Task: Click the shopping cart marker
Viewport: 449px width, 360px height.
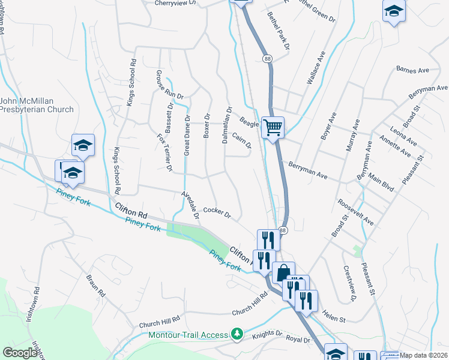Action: click(273, 127)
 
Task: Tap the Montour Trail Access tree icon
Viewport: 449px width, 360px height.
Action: click(238, 334)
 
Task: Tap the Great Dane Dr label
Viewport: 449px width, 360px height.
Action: click(187, 136)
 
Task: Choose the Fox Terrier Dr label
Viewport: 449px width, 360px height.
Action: click(165, 153)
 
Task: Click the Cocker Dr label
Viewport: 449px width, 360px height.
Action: click(217, 210)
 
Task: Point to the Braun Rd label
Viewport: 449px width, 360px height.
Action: click(95, 286)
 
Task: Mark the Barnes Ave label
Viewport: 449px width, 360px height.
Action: click(412, 70)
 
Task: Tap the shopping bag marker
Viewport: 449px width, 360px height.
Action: click(283, 272)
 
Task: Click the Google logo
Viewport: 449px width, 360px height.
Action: click(20, 353)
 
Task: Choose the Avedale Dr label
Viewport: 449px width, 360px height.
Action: click(191, 206)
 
